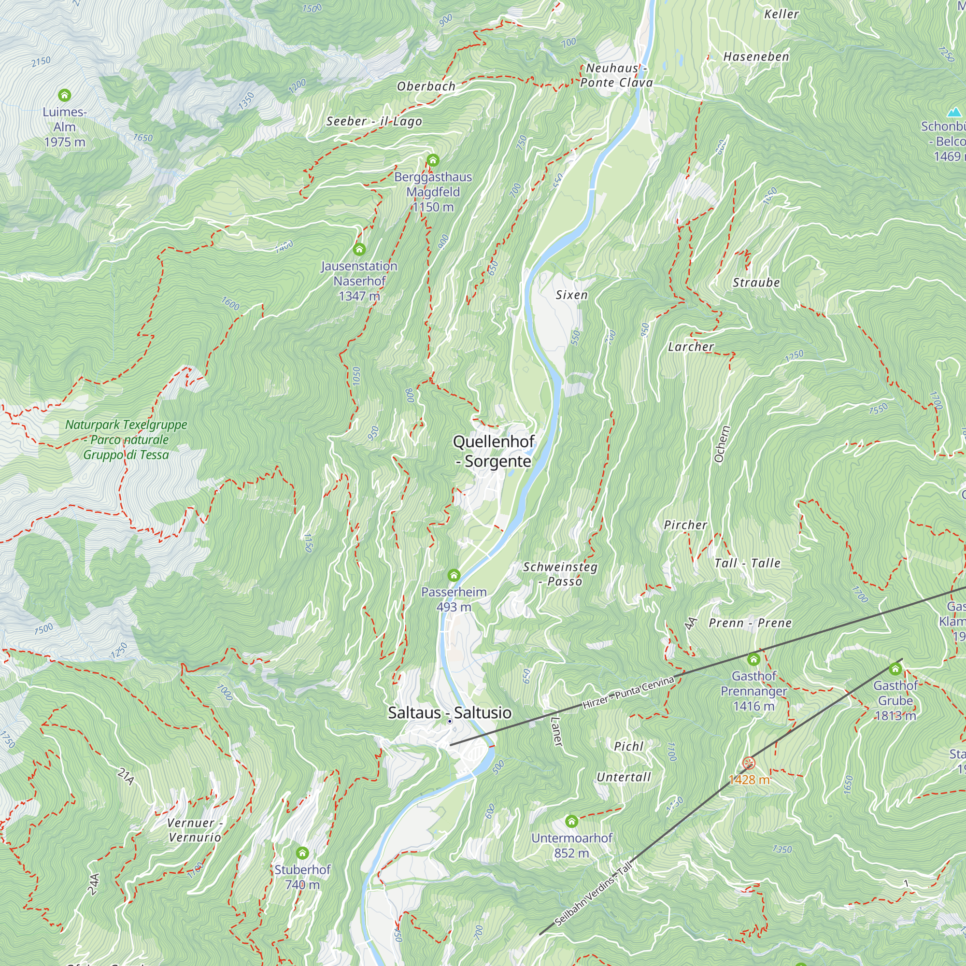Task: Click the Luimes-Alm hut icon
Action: coord(65,95)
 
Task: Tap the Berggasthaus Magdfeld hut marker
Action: coord(432,160)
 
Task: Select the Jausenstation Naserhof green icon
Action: coord(359,250)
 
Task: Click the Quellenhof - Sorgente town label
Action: coord(494,451)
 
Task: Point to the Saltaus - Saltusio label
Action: coord(450,712)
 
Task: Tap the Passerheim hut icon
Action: coord(454,576)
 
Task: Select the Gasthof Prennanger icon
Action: coord(753,659)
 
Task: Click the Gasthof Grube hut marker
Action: coord(895,669)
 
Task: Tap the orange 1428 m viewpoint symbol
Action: coord(748,763)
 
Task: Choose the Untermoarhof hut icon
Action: coord(571,821)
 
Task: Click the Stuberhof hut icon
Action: coord(302,852)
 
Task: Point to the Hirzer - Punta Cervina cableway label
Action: coord(628,692)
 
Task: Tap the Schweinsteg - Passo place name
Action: coord(560,574)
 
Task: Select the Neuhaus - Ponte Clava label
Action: coord(616,75)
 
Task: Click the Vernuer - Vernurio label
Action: coord(195,830)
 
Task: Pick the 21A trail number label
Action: coord(126,777)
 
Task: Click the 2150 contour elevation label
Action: coord(41,61)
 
